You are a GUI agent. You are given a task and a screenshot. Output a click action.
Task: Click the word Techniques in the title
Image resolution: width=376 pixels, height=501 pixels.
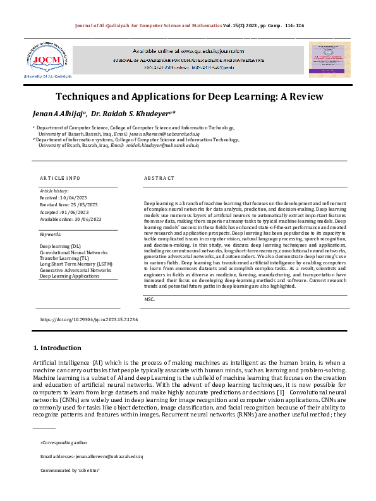(x=86, y=97)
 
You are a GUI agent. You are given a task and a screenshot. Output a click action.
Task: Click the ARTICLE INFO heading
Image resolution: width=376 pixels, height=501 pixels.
(x=60, y=179)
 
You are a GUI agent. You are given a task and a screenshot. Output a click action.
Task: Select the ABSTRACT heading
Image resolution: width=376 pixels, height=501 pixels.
(x=159, y=179)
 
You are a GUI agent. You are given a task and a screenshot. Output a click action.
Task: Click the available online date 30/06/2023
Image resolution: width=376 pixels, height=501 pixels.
(x=87, y=219)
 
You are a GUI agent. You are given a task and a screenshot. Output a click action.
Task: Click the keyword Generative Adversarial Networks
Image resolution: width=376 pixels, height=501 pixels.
(x=75, y=269)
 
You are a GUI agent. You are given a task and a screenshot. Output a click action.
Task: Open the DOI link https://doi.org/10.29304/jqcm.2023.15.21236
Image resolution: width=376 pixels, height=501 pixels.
(x=88, y=320)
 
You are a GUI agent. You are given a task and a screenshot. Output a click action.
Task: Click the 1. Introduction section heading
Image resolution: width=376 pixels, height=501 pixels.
(x=57, y=348)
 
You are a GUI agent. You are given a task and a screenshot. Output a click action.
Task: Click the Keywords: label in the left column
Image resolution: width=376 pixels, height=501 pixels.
(x=51, y=233)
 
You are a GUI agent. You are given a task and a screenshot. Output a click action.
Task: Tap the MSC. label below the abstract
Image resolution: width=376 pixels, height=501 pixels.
(x=150, y=298)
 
